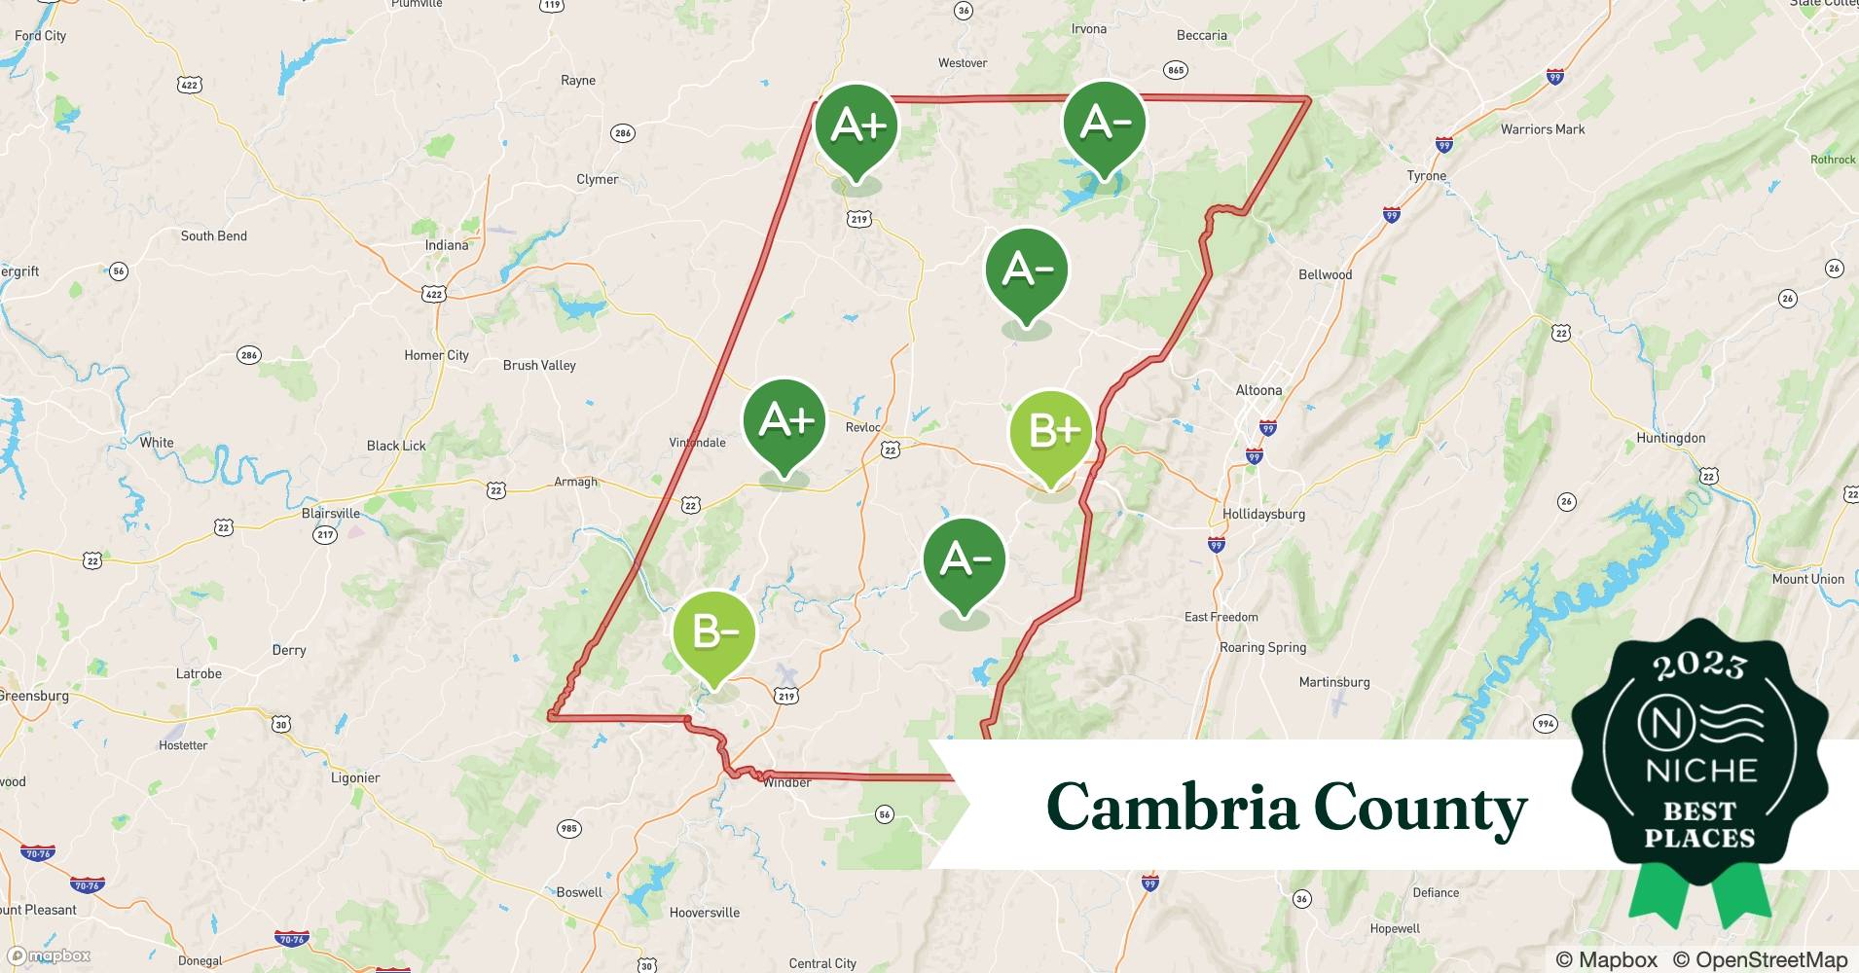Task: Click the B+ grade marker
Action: pos(1051,431)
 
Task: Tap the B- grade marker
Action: pos(713,632)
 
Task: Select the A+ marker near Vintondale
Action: pos(784,421)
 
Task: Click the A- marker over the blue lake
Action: pos(1104,124)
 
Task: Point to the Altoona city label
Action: pos(1258,390)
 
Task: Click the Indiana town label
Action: pos(447,245)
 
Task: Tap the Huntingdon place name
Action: pos(1670,438)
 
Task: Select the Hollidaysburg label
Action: pos(1263,514)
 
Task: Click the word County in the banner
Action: pos(1420,808)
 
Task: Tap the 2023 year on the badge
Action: pos(1699,666)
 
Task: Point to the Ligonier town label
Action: pos(355,777)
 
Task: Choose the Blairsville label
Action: pos(331,514)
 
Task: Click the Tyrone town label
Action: pos(1427,176)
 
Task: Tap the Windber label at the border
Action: pos(787,782)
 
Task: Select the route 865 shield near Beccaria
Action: pos(1176,70)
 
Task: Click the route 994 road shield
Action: pos(1545,724)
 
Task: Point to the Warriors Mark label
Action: pos(1543,129)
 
